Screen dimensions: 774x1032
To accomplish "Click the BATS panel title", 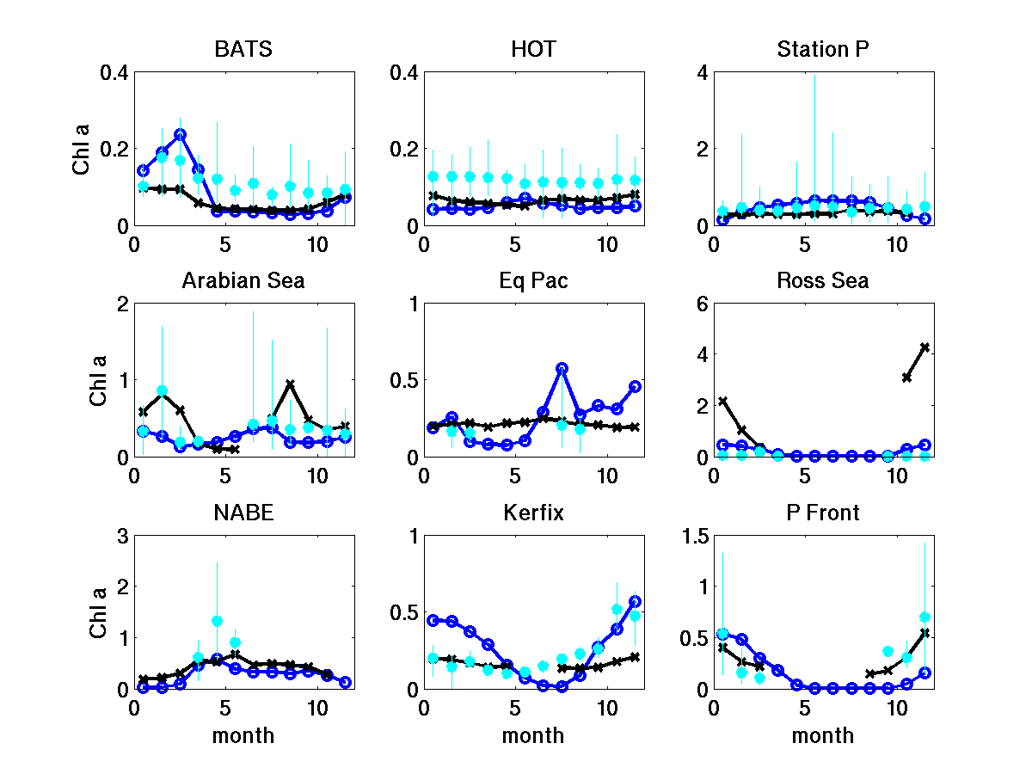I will (x=243, y=49).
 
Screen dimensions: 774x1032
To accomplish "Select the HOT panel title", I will (x=533, y=49).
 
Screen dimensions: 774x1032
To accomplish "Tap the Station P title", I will (x=823, y=49).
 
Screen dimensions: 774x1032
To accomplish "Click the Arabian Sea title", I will (x=243, y=280).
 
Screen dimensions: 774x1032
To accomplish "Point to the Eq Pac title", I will (x=533, y=280).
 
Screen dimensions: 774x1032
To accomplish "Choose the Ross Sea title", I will (x=823, y=280).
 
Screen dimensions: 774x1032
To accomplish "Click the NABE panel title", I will (x=243, y=513).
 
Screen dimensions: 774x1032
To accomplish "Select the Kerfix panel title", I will (x=533, y=513).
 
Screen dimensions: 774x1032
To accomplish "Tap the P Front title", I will (x=823, y=513).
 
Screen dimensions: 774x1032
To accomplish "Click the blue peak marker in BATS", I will (x=180, y=134).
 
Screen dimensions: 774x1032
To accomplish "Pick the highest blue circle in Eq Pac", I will (x=562, y=368).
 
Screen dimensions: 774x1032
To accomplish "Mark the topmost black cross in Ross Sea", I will (x=924, y=347).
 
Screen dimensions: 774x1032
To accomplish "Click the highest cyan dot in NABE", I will (x=217, y=621).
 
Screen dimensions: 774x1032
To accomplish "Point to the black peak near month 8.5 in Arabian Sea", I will (x=291, y=384).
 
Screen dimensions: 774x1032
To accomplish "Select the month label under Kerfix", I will (x=533, y=736).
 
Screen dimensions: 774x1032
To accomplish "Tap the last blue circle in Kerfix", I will (x=636, y=602).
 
